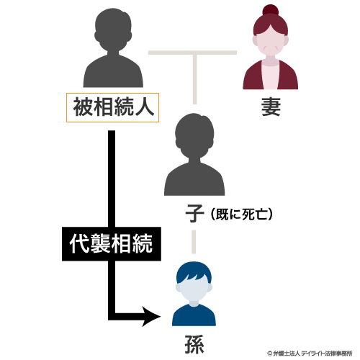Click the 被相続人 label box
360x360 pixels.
point(112,107)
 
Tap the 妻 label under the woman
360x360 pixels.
point(271,107)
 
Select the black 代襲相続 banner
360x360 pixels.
point(112,244)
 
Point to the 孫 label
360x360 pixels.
point(194,344)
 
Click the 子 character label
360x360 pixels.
point(194,213)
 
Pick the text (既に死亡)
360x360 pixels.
point(242,214)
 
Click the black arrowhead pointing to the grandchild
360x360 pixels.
point(151,317)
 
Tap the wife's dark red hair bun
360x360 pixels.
point(270,11)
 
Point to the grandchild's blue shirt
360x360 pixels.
point(194,315)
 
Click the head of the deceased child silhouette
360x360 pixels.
point(194,135)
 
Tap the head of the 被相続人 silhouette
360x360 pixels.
point(113,30)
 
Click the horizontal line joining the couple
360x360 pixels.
point(192,53)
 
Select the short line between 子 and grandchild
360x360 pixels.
point(194,242)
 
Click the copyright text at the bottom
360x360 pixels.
point(310,354)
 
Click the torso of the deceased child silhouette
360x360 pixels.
point(194,178)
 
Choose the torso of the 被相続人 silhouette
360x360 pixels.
point(113,71)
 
